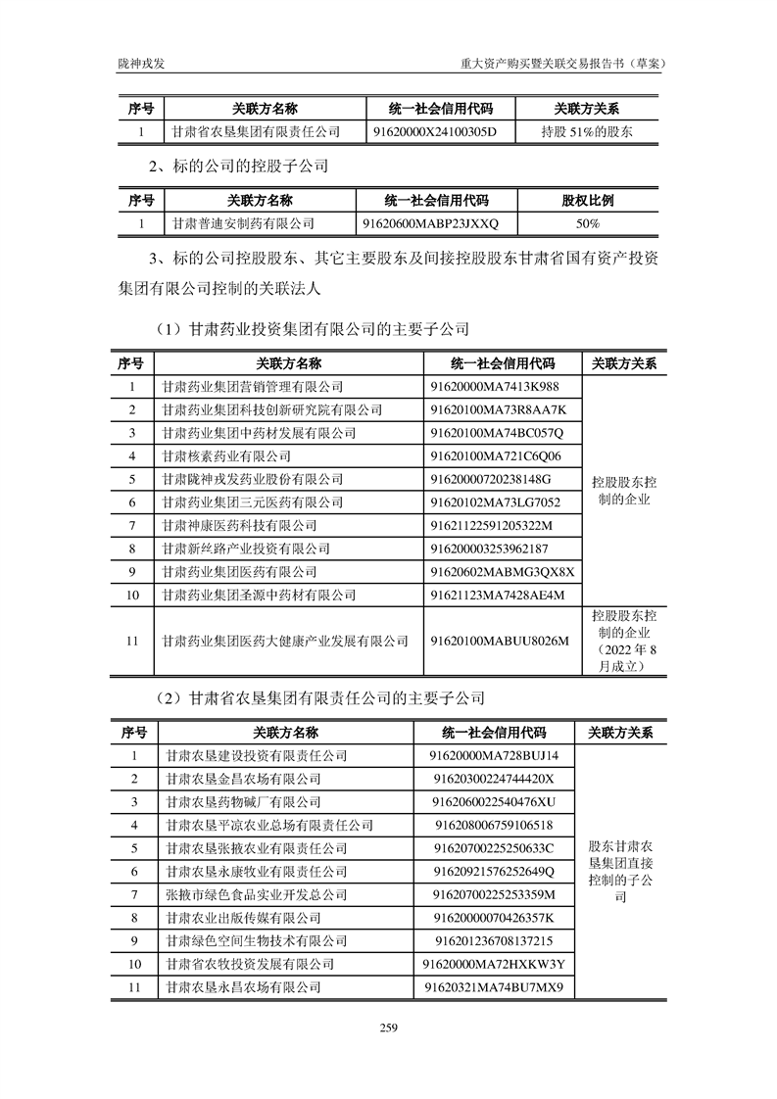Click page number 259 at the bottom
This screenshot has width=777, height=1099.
point(388,1027)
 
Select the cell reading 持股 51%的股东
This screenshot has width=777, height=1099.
point(586,131)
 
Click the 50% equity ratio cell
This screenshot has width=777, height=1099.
point(588,223)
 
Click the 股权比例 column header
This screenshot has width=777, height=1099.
point(588,201)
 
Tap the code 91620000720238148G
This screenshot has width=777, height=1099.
point(491,479)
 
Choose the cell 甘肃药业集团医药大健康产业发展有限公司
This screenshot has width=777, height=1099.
point(284,641)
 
